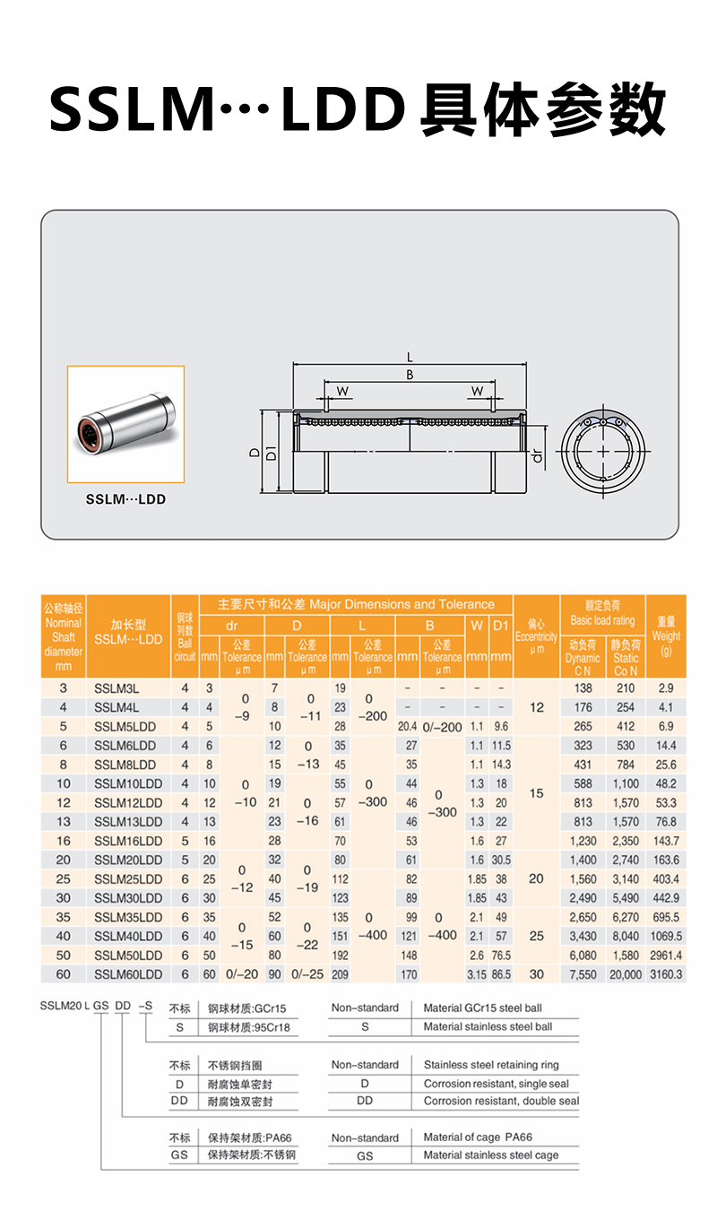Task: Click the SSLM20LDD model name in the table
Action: (128, 860)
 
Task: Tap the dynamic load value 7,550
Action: (583, 973)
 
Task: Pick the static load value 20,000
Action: (626, 973)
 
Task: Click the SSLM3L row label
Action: (117, 688)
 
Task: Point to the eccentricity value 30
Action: (536, 973)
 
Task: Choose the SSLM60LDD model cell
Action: (128, 973)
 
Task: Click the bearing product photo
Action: (125, 424)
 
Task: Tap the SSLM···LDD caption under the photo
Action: (125, 499)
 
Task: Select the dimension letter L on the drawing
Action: (410, 359)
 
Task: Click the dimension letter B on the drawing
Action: (410, 375)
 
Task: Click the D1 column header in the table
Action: (500, 625)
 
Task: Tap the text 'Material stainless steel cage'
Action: (491, 1155)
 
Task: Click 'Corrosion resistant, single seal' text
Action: (496, 1084)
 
